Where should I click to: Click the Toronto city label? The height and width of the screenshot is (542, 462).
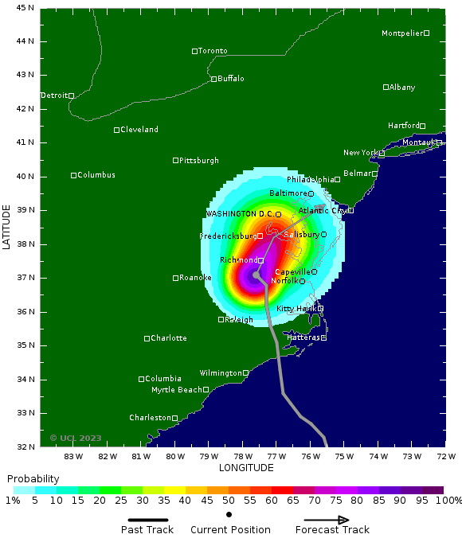point(213,51)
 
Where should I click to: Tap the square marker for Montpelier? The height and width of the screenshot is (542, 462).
point(426,33)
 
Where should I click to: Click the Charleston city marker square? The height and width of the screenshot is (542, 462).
point(175,418)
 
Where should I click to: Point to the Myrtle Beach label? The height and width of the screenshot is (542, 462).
point(176,390)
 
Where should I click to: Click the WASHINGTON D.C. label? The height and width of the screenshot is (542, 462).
point(240,214)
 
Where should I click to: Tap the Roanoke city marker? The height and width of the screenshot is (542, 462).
point(176,278)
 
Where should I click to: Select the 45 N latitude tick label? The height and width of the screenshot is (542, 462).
point(25,7)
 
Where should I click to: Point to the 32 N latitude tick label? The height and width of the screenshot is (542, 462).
point(25,446)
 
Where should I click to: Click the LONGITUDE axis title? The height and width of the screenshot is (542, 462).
point(246,467)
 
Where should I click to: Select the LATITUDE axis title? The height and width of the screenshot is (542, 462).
point(7,227)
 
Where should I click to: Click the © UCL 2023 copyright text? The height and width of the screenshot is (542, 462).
point(76,438)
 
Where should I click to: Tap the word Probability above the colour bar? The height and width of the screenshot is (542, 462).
point(33,479)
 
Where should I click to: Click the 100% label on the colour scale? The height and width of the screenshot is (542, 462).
point(448,501)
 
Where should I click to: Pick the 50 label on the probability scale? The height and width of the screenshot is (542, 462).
point(229,501)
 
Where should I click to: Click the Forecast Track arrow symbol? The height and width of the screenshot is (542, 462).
point(322,520)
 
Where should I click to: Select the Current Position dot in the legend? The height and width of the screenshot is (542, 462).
point(229,515)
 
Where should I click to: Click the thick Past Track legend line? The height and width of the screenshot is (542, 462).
point(147,520)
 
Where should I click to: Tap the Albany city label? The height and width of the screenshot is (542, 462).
point(402,87)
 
